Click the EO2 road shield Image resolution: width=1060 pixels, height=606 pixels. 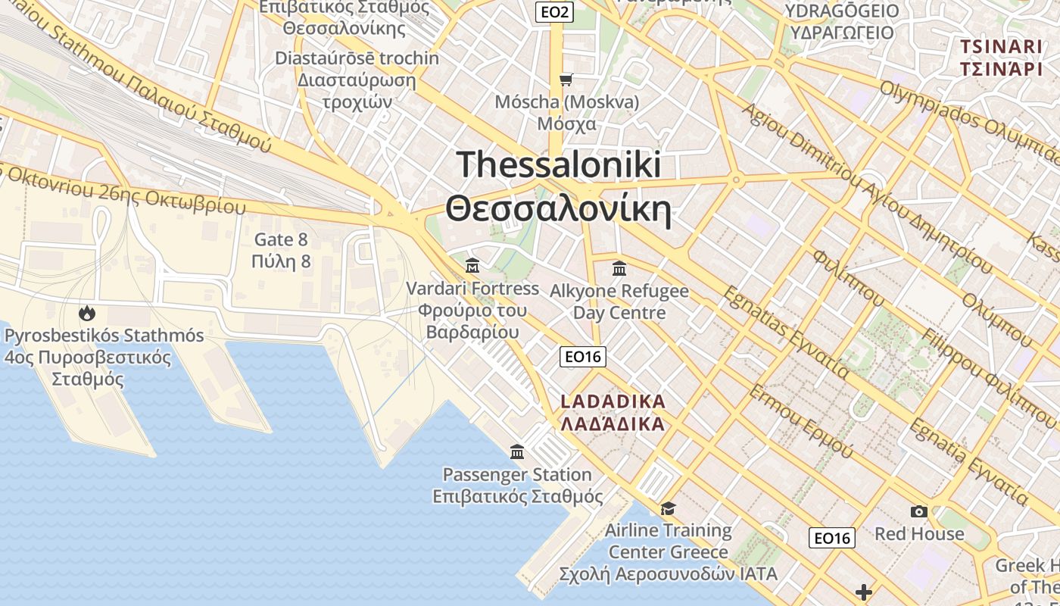[x=554, y=11]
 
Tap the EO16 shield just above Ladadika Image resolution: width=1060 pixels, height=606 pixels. [x=582, y=357]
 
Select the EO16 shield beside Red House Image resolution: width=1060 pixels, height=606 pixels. [x=831, y=538]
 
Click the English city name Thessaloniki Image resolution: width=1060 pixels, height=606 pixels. [x=559, y=164]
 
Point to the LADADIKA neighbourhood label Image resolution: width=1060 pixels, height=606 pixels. [x=613, y=401]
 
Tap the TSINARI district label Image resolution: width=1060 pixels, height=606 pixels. [x=1001, y=46]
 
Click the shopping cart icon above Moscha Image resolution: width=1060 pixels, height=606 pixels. [x=566, y=80]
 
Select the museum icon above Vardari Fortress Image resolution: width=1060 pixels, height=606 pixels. [x=472, y=265]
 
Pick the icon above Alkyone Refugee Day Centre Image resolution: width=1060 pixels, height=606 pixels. [x=619, y=268]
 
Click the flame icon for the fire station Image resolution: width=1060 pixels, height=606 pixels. [x=87, y=312]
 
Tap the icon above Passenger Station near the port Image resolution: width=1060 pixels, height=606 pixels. [x=517, y=452]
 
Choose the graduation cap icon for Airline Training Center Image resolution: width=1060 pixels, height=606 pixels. [x=668, y=508]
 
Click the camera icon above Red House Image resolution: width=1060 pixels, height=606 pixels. [x=919, y=511]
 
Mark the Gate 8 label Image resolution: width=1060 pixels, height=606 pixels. [x=281, y=240]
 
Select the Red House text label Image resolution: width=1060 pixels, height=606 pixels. [x=919, y=533]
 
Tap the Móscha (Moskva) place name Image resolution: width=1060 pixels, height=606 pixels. [x=566, y=102]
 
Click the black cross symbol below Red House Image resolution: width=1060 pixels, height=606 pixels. [x=864, y=592]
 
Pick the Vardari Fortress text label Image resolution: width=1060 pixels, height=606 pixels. [x=472, y=289]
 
